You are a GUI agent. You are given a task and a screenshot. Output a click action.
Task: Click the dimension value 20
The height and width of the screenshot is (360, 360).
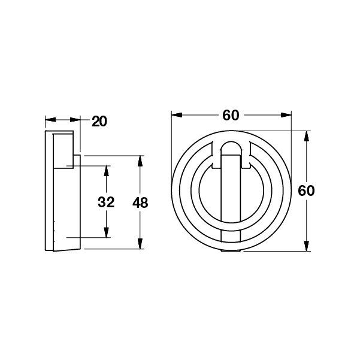pos(99,122)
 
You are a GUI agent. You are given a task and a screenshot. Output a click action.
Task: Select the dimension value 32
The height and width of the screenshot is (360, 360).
pos(106,202)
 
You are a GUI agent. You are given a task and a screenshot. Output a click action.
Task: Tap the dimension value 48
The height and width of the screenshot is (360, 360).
pos(140,202)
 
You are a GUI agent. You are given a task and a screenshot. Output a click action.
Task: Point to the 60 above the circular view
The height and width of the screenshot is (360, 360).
pos(231,116)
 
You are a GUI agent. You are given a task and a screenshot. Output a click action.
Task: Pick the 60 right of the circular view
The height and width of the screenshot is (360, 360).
pos(307,191)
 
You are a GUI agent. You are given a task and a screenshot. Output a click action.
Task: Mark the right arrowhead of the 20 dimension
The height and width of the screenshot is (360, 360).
pos(77,119)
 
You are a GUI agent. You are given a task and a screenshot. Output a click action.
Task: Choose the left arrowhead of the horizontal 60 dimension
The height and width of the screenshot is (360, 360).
pos(175,116)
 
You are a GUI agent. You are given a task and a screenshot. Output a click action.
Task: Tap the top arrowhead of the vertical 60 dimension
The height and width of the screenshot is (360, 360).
pos(307,135)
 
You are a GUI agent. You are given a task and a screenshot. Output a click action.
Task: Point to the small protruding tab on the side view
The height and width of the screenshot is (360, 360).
pos(77,161)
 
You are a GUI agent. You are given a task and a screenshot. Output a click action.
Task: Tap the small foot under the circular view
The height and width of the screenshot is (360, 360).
pos(231,250)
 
